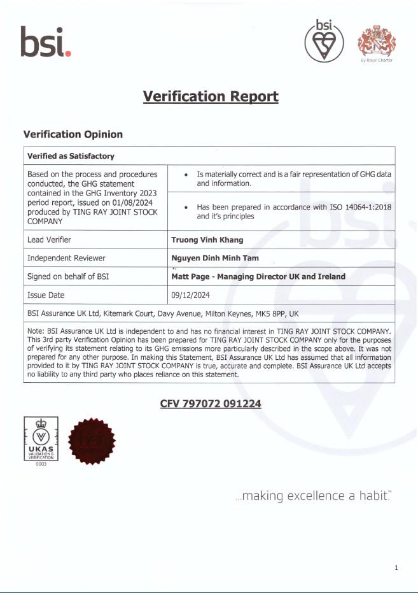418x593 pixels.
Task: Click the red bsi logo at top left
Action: click(45, 42)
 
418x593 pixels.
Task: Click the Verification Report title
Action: click(211, 96)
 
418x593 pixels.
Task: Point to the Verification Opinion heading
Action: click(73, 134)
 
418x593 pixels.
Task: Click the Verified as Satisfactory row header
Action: click(71, 156)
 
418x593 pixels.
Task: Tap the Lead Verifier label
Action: click(49, 240)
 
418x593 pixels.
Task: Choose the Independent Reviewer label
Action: click(66, 258)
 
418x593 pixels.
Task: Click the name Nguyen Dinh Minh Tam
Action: click(215, 258)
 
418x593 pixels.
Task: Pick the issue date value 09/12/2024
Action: click(190, 295)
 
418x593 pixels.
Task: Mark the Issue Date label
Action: click(46, 295)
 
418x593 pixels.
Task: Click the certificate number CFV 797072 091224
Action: click(211, 404)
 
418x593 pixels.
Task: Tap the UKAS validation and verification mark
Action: click(41, 441)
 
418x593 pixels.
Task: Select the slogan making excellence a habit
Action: click(312, 496)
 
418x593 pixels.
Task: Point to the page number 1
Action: click(396, 568)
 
